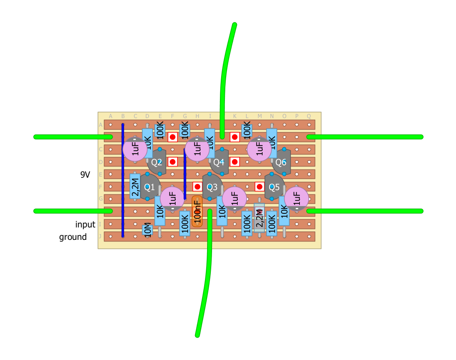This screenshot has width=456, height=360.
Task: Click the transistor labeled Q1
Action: pyautogui.click(x=149, y=187)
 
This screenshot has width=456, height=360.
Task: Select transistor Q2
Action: pyautogui.click(x=157, y=162)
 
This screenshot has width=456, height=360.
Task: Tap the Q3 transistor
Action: pyautogui.click(x=212, y=187)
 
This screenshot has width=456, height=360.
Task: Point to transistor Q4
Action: pyautogui.click(x=219, y=162)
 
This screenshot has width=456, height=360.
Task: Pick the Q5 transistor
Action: pyautogui.click(x=275, y=187)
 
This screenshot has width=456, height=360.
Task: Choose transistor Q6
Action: pyautogui.click(x=281, y=162)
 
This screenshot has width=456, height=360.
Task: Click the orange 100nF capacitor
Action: pyautogui.click(x=197, y=212)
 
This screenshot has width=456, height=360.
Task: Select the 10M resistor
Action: pyautogui.click(x=147, y=230)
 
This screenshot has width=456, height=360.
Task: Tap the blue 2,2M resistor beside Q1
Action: pyautogui.click(x=135, y=186)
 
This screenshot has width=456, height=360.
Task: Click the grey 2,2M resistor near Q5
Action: pyautogui.click(x=259, y=217)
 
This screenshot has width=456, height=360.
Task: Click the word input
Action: pyautogui.click(x=85, y=225)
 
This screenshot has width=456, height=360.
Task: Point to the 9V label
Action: pyautogui.click(x=85, y=175)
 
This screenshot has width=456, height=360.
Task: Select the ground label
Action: pyautogui.click(x=73, y=237)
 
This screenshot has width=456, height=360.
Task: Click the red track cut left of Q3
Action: pyautogui.click(x=198, y=187)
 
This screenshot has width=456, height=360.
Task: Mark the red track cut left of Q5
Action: pyautogui.click(x=260, y=187)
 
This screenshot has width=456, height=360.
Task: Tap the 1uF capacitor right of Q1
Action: pyautogui.click(x=172, y=199)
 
